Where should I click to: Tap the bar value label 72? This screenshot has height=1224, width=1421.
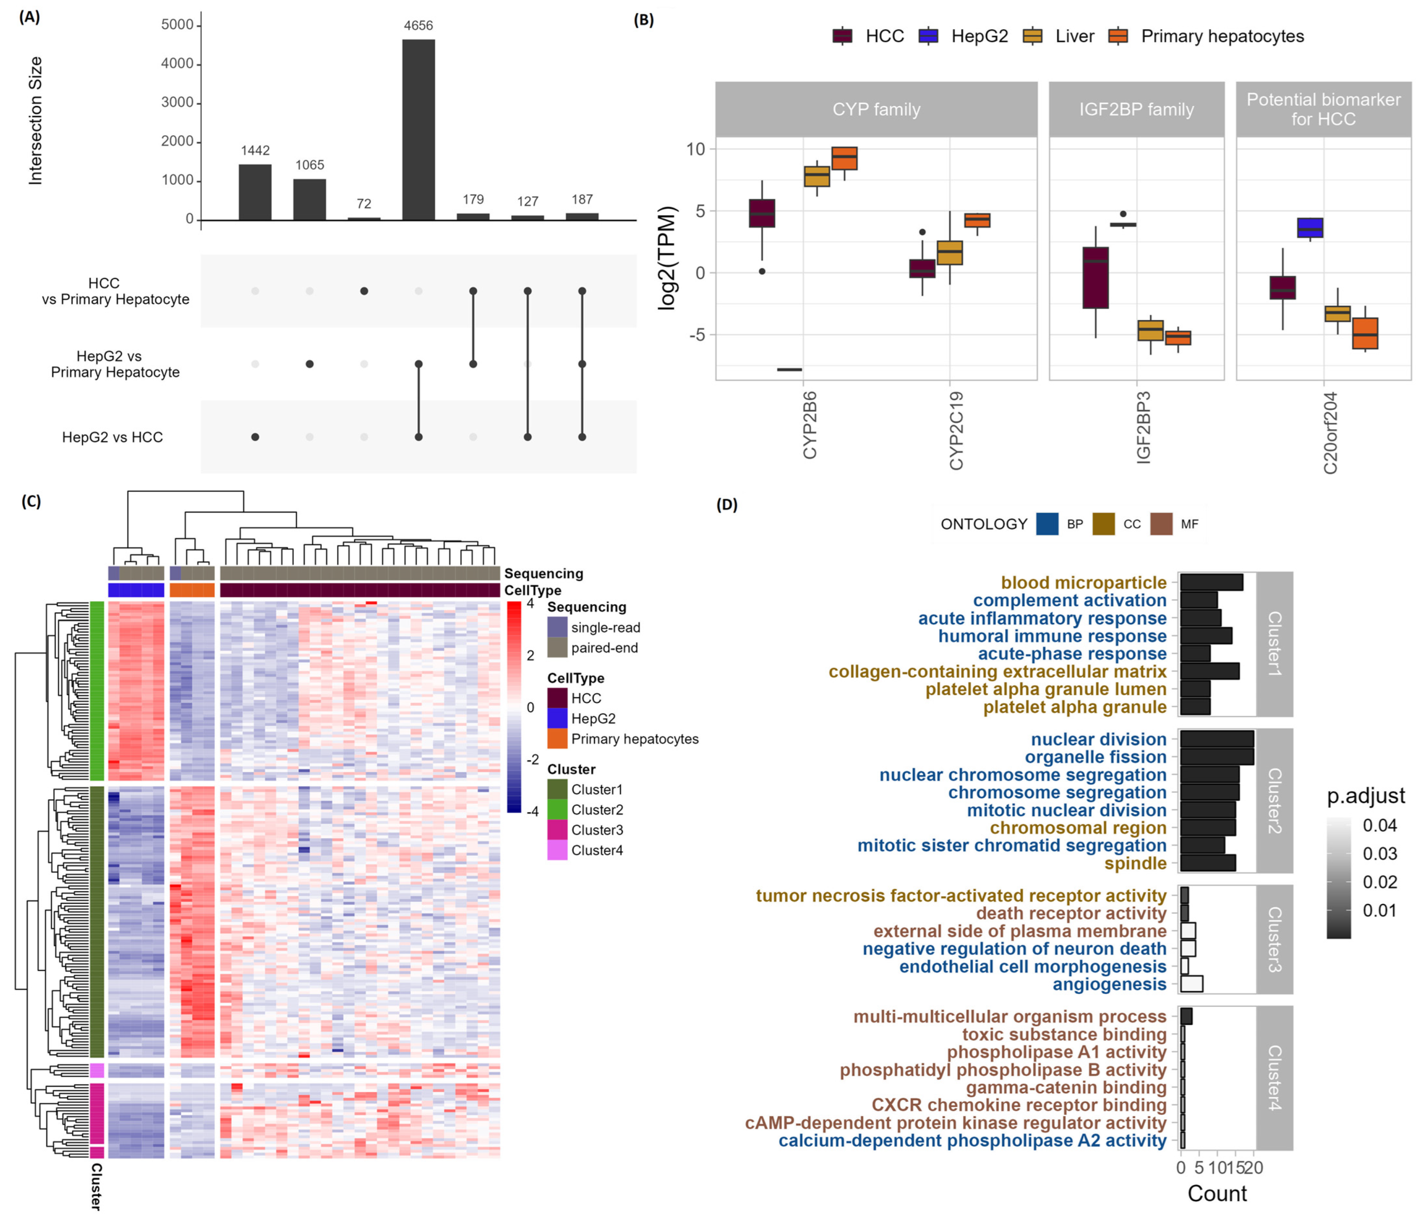tap(363, 204)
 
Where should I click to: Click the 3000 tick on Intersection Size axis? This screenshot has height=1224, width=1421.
tap(177, 103)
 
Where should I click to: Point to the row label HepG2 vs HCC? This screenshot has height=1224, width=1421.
tap(112, 437)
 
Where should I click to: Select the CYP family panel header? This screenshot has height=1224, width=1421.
tap(876, 109)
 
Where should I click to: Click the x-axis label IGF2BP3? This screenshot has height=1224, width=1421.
tap(1143, 428)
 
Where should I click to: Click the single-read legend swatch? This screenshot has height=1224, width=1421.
tap(557, 627)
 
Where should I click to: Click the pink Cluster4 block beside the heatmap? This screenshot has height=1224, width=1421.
tap(97, 1070)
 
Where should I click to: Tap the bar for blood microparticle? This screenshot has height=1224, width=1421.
tap(1211, 583)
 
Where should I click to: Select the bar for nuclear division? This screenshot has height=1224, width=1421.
tap(1216, 739)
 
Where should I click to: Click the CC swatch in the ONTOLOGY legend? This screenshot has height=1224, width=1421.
tap(1103, 524)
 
